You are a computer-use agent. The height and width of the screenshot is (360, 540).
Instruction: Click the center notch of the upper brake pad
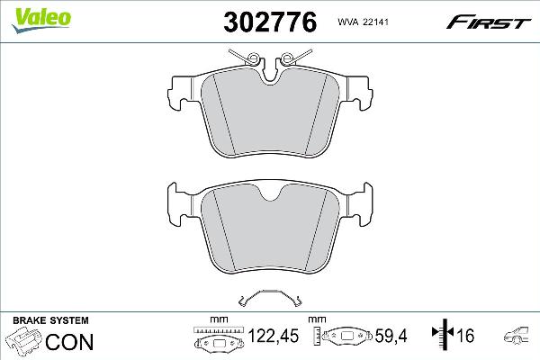tap(269, 79)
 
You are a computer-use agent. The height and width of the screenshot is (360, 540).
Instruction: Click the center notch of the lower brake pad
tap(269, 192)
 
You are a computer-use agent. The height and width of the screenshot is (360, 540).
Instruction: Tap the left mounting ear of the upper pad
tap(183, 90)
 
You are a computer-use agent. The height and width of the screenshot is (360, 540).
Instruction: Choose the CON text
tap(68, 341)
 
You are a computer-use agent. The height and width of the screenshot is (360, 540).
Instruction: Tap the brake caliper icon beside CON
tap(23, 341)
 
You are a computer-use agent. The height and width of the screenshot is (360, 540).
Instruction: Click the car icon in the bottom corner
tap(519, 338)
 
